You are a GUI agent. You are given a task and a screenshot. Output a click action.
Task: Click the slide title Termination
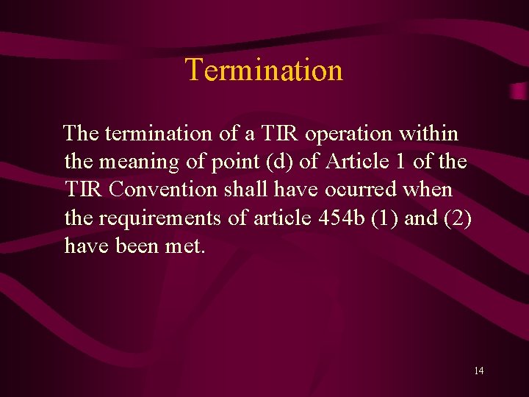tap(264, 70)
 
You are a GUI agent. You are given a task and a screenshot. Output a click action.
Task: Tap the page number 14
tap(478, 371)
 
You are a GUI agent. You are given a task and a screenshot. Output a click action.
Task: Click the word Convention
tap(163, 189)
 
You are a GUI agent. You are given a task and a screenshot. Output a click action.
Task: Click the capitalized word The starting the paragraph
tap(82, 135)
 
